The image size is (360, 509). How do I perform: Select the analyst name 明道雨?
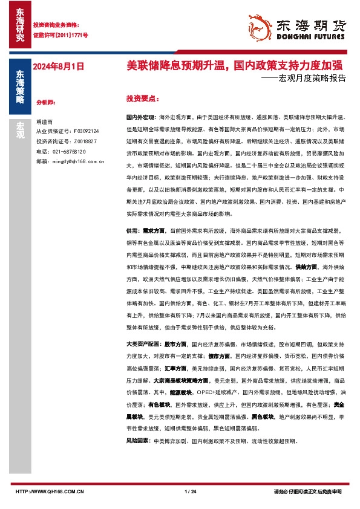click(45, 122)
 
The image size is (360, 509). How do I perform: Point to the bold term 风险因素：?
click(139, 441)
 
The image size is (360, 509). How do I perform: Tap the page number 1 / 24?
click(189, 492)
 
